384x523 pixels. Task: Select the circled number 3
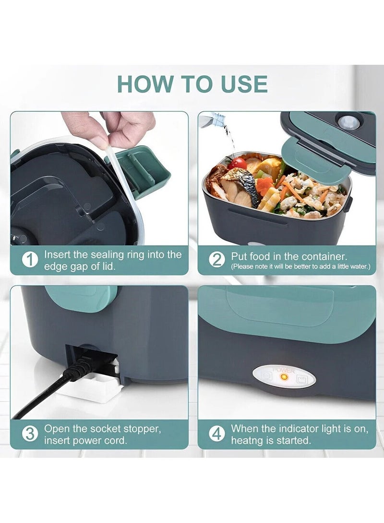(x=30, y=434)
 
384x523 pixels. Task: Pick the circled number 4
(x=216, y=434)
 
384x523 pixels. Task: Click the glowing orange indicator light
(x=284, y=377)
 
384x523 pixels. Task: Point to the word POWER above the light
(x=284, y=370)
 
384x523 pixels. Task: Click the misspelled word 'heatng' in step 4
(x=247, y=441)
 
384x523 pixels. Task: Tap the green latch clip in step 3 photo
(x=81, y=297)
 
